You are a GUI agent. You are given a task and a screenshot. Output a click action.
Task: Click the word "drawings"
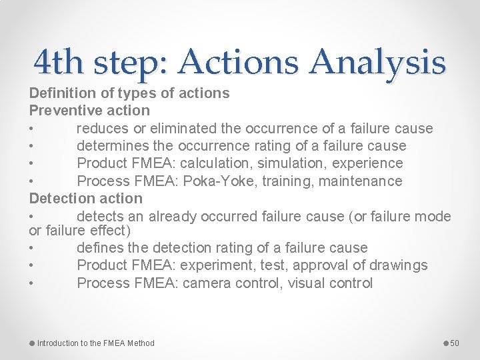(x=398, y=265)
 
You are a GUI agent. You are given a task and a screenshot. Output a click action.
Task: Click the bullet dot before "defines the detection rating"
(x=32, y=248)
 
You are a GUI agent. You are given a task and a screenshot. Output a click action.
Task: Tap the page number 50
(x=455, y=343)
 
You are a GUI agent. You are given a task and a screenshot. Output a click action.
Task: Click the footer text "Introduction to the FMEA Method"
(x=95, y=343)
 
